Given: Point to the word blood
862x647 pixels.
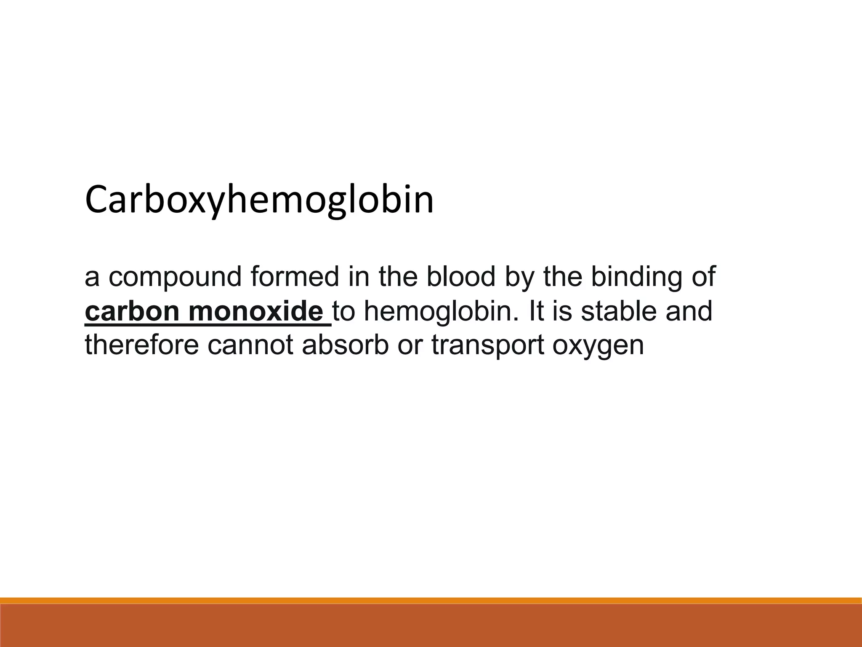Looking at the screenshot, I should pyautogui.click(x=461, y=277).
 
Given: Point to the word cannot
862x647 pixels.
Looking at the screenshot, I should pyautogui.click(x=250, y=345).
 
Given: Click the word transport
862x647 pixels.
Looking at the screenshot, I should pyautogui.click(x=488, y=345).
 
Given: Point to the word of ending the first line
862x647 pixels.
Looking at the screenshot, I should pyautogui.click(x=702, y=277).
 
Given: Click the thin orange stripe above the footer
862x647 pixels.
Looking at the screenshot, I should pyautogui.click(x=431, y=600).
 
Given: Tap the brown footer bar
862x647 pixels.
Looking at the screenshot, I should pyautogui.click(x=431, y=626).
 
